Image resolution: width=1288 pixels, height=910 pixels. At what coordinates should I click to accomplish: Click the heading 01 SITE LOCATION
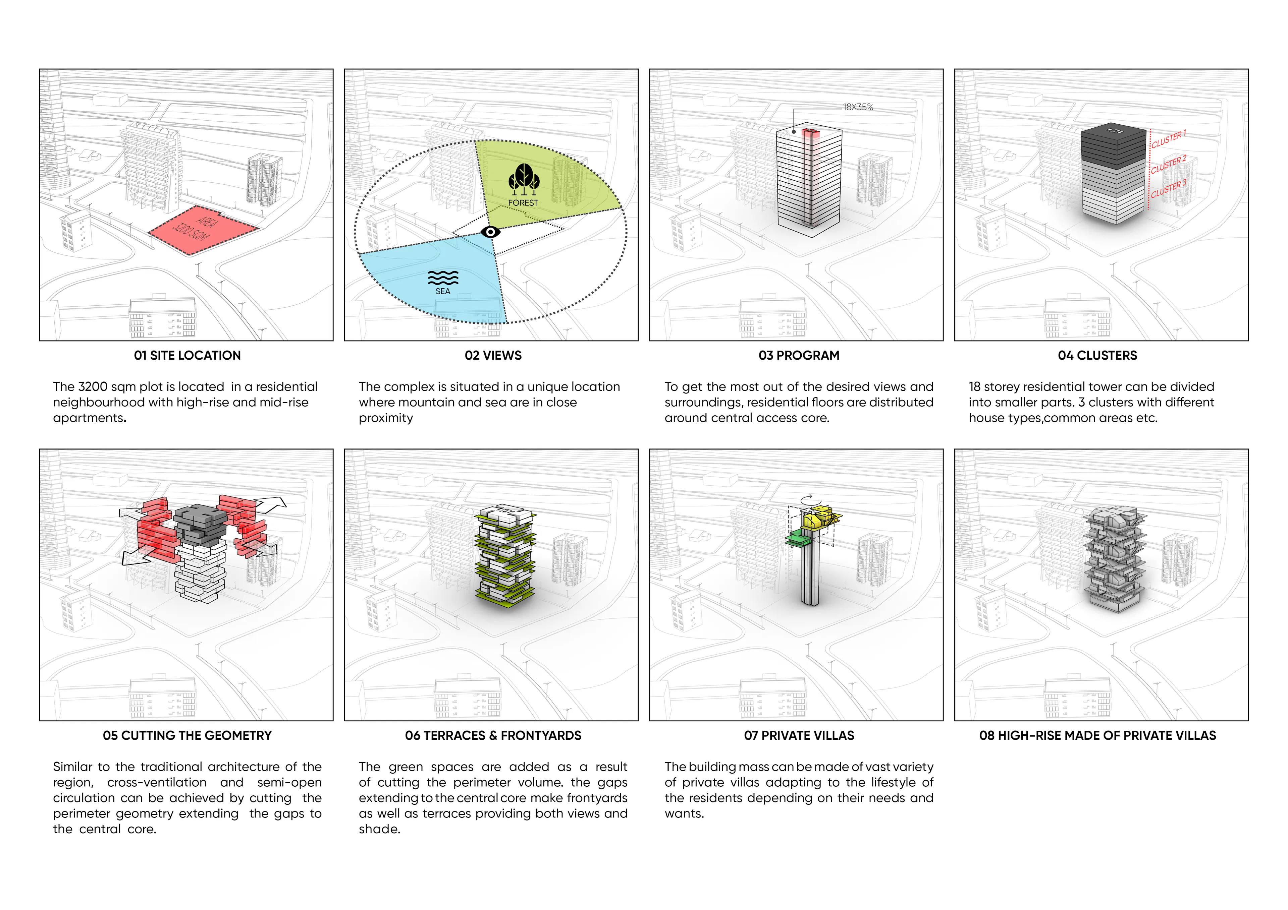tap(187, 356)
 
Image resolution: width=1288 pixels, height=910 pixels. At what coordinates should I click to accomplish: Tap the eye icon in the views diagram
tap(490, 232)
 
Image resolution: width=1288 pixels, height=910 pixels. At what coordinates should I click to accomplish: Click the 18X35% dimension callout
tap(858, 107)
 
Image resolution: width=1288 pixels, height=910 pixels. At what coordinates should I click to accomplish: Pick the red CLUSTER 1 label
tap(1169, 139)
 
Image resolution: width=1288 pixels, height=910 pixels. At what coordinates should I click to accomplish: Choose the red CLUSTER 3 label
tap(1169, 189)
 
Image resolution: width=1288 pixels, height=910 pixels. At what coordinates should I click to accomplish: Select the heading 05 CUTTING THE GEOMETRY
tap(187, 736)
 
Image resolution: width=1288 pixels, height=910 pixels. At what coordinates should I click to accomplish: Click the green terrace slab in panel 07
tap(799, 539)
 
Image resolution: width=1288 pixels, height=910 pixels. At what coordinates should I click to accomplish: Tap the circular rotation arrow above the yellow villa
tap(807, 499)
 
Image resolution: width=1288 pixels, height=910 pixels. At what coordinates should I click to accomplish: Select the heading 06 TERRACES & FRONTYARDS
tap(493, 736)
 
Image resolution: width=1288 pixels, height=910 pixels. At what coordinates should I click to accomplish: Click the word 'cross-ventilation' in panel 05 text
tap(157, 782)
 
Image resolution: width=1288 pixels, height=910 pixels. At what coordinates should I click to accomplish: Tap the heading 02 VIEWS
tap(493, 356)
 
